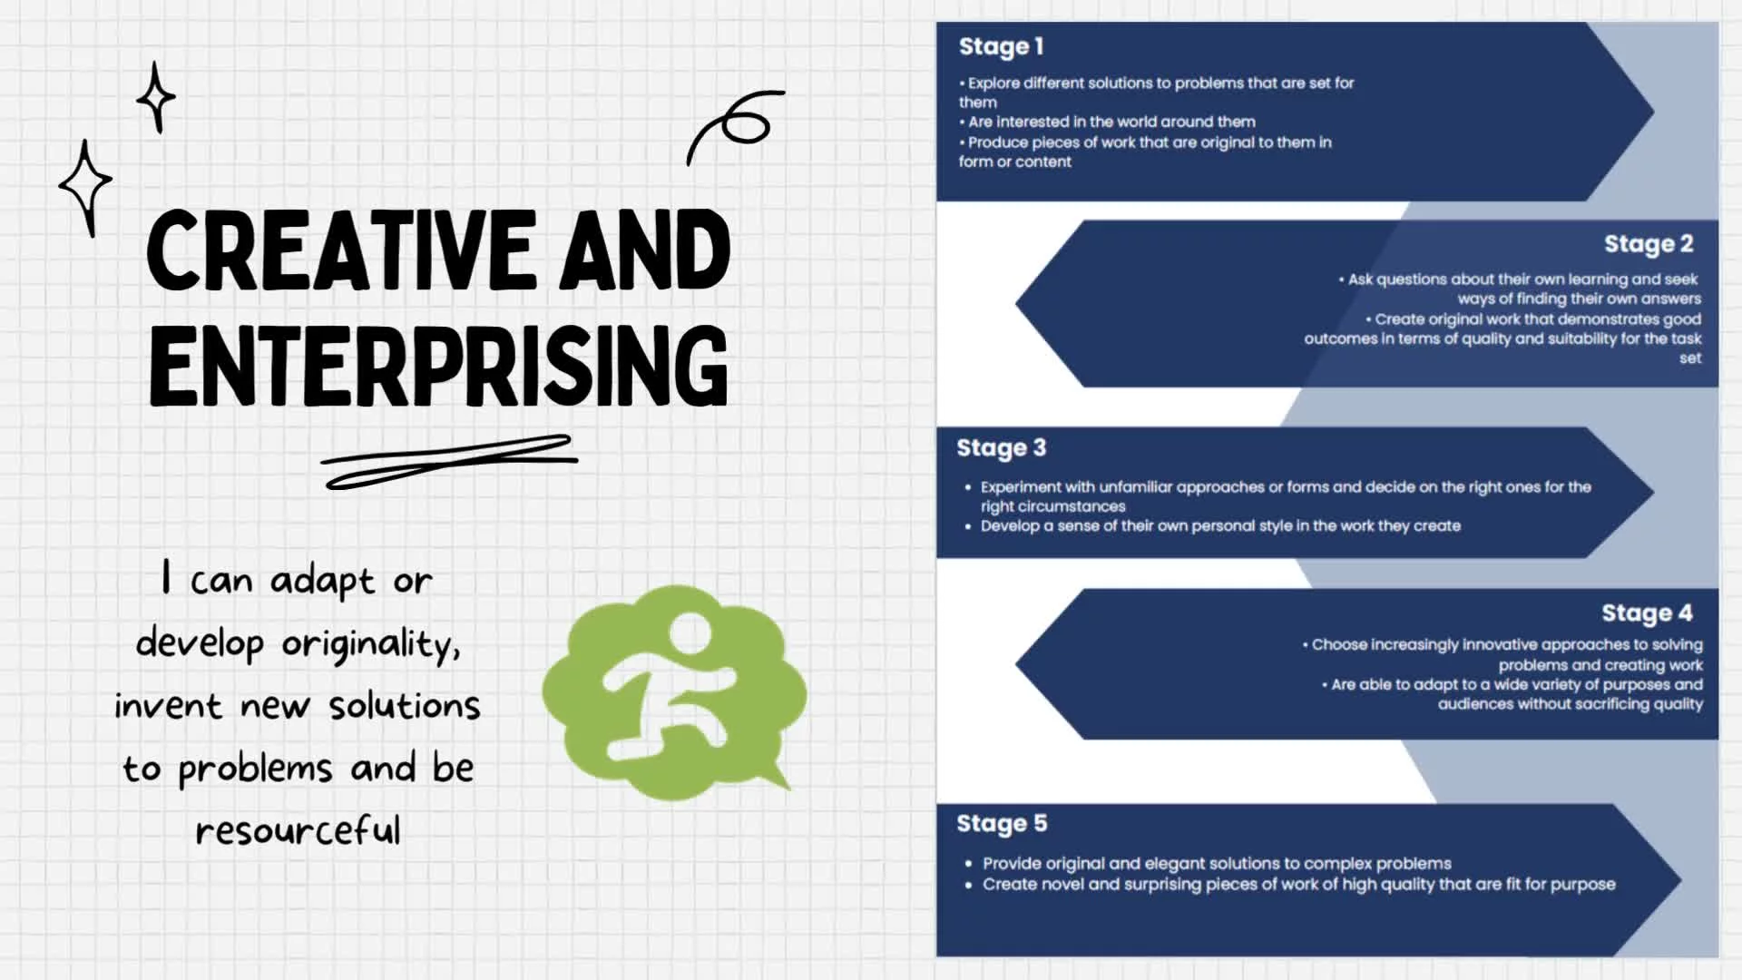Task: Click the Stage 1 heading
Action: [1001, 46]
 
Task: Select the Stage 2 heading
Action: [1649, 244]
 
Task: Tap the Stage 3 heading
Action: [1001, 448]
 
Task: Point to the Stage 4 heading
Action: [1647, 613]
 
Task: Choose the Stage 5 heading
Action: [1002, 824]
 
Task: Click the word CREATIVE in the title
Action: [342, 250]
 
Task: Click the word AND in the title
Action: [645, 250]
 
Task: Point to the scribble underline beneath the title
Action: [450, 461]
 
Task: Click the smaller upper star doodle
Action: [156, 97]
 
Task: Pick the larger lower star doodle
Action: [86, 187]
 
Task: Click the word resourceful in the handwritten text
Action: [298, 830]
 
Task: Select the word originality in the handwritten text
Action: [371, 644]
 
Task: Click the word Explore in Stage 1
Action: [993, 83]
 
